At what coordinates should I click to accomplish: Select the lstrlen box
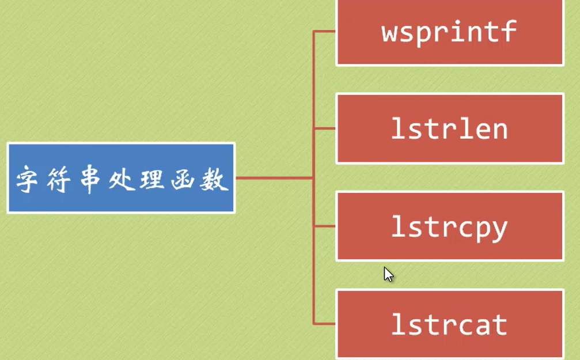[449, 128]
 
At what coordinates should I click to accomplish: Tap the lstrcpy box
[449, 226]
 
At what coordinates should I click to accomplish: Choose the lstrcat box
[449, 324]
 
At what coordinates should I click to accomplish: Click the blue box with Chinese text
[121, 178]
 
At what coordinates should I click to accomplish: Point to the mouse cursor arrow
[388, 274]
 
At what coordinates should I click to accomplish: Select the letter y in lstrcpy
[499, 229]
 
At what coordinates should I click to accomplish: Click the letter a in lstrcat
[480, 325]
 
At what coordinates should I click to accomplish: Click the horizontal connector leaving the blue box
[274, 178]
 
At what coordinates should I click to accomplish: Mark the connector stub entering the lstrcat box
[325, 324]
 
